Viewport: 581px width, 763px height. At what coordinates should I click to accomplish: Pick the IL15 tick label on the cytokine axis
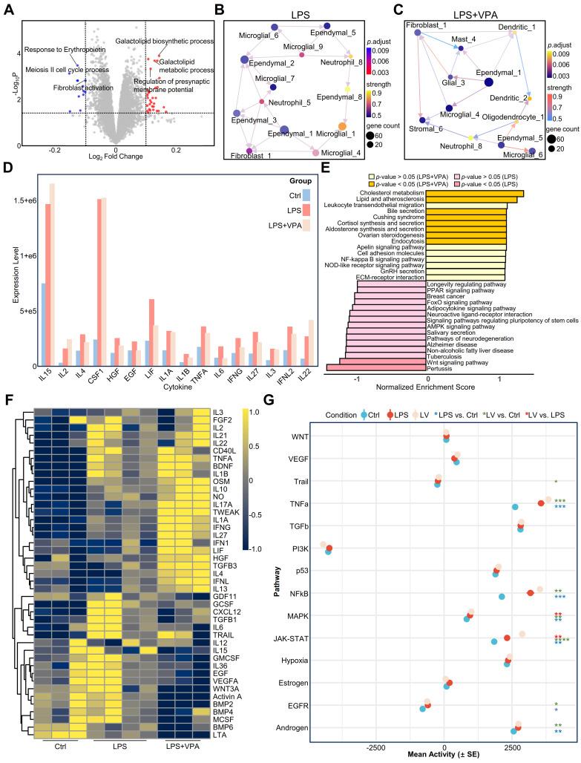pos(47,373)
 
